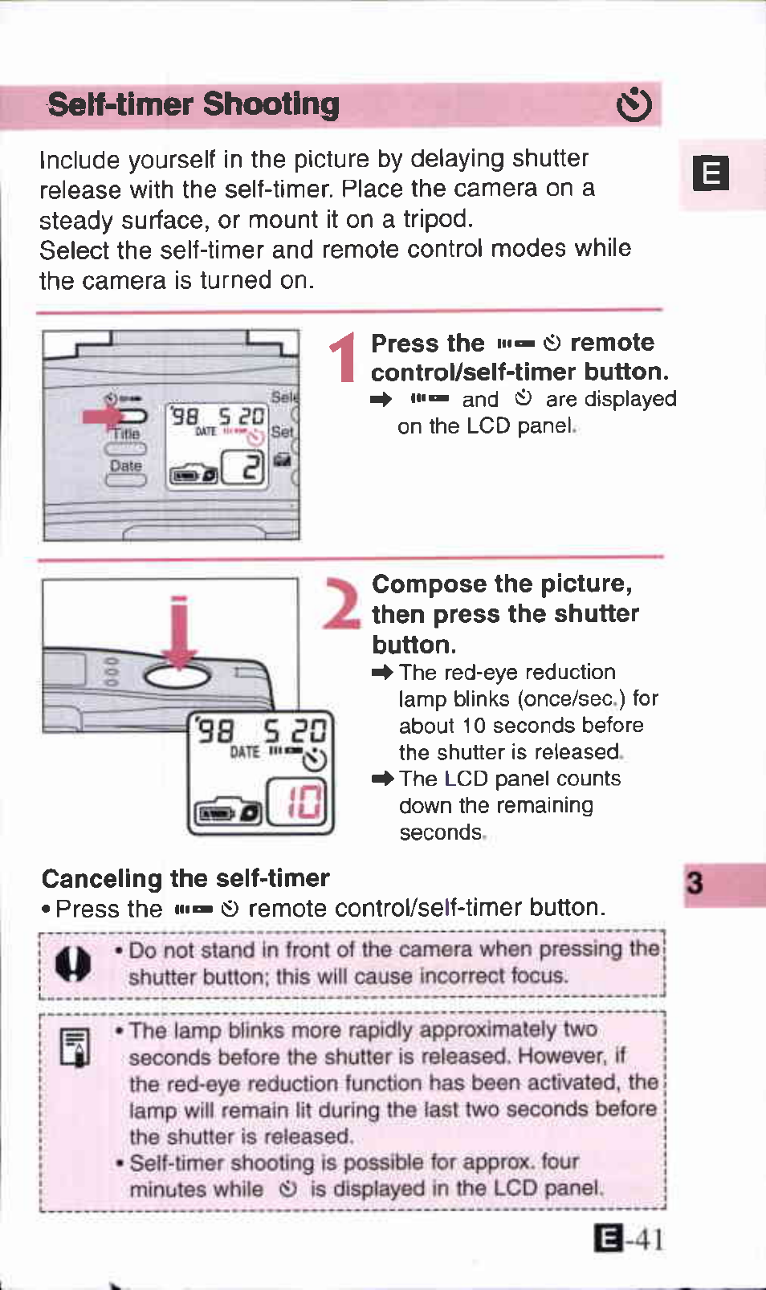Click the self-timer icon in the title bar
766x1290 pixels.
point(634,104)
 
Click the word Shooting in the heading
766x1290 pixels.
point(271,104)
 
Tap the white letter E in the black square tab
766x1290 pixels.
point(711,173)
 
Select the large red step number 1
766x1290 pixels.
point(344,358)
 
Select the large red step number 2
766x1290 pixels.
point(342,604)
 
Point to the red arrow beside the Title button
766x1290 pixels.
point(102,416)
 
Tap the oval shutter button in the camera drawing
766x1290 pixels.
point(177,676)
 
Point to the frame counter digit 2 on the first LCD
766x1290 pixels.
point(251,467)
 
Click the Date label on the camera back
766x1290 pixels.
point(126,466)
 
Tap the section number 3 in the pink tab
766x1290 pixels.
point(695,884)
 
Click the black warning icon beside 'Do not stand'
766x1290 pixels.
point(72,963)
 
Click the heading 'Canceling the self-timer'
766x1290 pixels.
point(185,878)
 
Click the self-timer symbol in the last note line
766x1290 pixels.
point(287,1189)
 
